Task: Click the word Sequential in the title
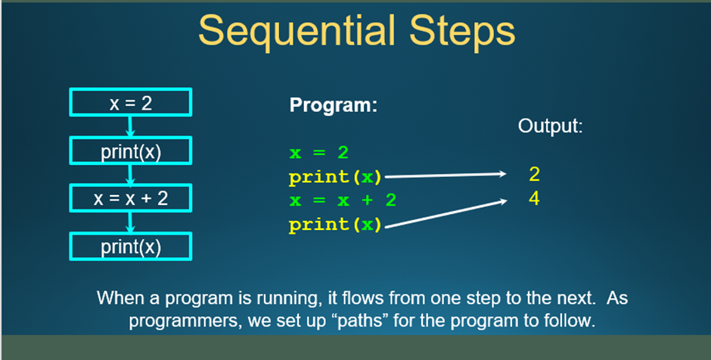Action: pos(297,31)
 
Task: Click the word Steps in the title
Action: pos(462,31)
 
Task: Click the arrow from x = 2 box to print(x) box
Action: pos(130,126)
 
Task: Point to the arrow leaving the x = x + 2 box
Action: pos(130,222)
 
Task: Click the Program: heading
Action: pos(334,105)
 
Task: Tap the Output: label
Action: pos(550,126)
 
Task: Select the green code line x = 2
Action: pos(318,153)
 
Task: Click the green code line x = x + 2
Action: pos(343,200)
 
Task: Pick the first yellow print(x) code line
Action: pos(336,177)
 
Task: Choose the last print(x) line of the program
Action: pos(336,225)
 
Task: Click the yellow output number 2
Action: pos(534,175)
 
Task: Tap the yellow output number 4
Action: pos(534,199)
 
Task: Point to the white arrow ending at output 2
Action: pos(446,175)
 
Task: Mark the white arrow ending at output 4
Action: pos(446,213)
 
